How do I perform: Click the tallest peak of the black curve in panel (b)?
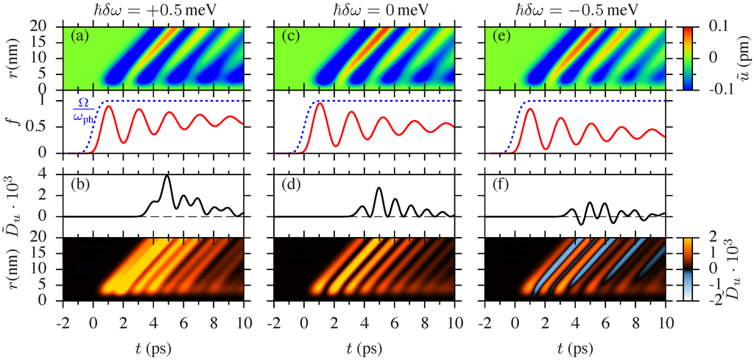pos(167,176)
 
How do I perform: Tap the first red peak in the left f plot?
pos(109,107)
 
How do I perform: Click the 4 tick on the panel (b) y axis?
pos(51,174)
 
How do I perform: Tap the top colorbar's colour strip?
pos(686,57)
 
